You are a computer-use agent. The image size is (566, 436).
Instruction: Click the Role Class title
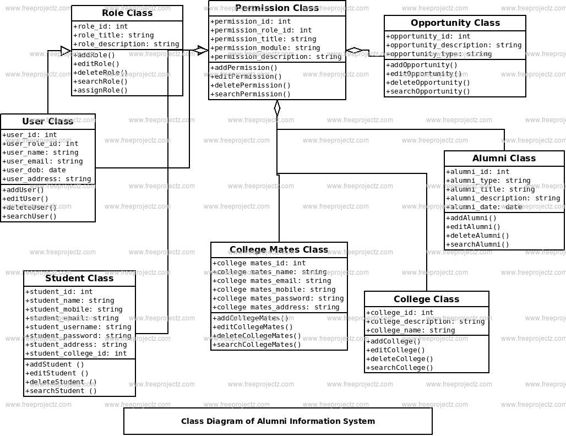click(x=127, y=13)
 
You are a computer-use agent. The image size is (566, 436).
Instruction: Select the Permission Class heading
click(x=277, y=8)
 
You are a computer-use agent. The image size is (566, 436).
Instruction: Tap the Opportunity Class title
click(x=455, y=23)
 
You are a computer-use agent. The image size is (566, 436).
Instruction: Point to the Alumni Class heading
click(x=504, y=159)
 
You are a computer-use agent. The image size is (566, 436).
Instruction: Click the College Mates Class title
click(x=279, y=250)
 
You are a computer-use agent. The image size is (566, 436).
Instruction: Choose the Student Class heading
click(x=79, y=279)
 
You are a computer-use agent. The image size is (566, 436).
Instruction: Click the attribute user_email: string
click(x=42, y=161)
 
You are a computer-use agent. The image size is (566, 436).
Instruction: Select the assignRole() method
click(x=100, y=90)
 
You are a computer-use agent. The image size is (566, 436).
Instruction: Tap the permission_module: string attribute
click(x=265, y=48)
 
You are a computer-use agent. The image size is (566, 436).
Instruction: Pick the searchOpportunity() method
click(x=428, y=91)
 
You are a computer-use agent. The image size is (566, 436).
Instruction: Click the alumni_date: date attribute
click(x=484, y=207)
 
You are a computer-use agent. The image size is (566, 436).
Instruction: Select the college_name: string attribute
click(x=410, y=330)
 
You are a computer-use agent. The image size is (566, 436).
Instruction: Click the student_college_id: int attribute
click(x=76, y=353)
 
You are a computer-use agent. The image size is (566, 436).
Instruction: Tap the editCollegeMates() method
click(x=253, y=327)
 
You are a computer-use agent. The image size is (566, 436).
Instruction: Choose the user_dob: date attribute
click(x=34, y=170)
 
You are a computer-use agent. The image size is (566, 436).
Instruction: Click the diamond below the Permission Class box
click(x=277, y=108)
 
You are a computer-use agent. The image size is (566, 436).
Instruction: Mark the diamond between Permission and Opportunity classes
click(x=354, y=51)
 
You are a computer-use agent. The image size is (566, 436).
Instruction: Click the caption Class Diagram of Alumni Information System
click(x=278, y=422)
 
